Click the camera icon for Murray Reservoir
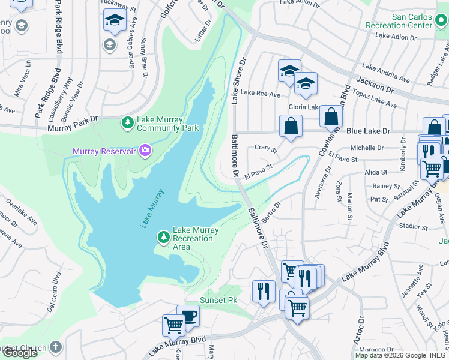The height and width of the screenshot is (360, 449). click(x=144, y=151)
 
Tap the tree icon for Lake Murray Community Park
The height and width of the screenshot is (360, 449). click(x=127, y=123)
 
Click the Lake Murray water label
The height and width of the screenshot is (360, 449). click(x=152, y=208)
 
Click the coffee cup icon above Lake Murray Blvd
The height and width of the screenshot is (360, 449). click(x=188, y=316)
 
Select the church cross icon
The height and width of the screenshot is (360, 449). click(x=55, y=347)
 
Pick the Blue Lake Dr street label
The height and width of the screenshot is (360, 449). click(x=368, y=131)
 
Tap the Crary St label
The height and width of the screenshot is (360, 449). click(x=265, y=148)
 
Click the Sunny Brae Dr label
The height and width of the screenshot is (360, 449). click(x=144, y=57)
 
